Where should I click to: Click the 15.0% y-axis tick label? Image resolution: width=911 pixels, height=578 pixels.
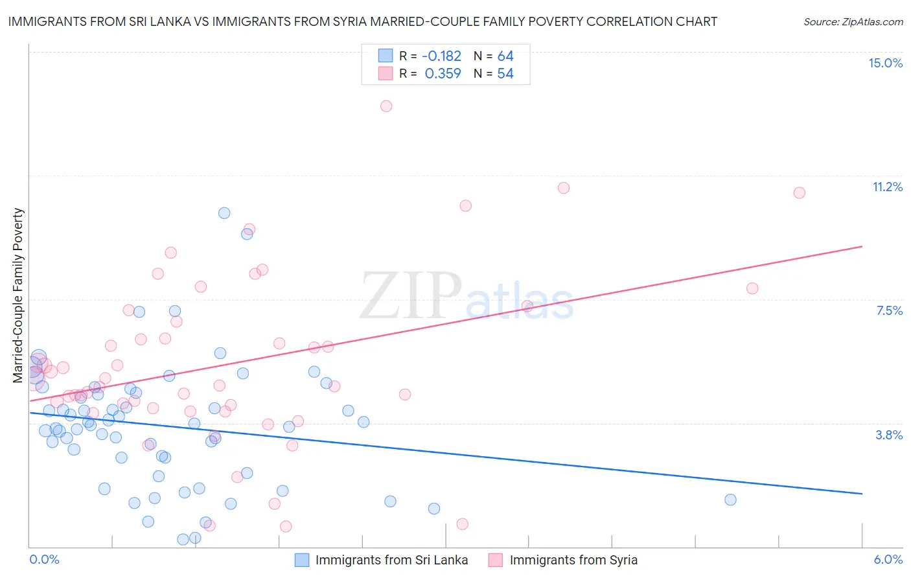click(885, 63)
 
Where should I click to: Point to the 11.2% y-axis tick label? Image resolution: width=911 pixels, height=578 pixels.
click(887, 187)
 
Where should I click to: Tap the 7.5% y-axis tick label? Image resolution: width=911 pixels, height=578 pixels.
click(889, 310)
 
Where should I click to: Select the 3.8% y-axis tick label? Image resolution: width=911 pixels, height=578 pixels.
click(889, 435)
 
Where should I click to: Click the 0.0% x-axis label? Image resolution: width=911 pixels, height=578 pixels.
click(44, 559)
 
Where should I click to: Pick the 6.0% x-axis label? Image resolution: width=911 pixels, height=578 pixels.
click(888, 559)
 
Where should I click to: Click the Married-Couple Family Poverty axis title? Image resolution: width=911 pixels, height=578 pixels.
click(18, 295)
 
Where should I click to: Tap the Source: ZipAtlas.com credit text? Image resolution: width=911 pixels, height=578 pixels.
click(853, 22)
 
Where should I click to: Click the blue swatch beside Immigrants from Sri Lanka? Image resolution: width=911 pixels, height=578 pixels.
click(302, 560)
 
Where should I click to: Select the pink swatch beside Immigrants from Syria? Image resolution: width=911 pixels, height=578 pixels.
click(496, 560)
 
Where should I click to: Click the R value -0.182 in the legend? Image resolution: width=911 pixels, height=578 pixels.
click(441, 56)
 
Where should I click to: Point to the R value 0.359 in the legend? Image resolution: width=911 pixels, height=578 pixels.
click(443, 74)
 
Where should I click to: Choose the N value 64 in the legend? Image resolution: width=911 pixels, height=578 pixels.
click(505, 56)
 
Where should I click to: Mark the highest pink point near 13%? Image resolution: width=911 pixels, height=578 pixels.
click(386, 106)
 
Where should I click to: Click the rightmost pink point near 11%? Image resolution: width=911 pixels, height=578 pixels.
click(799, 192)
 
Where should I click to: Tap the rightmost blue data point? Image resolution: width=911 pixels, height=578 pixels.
click(730, 500)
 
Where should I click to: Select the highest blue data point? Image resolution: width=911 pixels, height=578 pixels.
click(224, 213)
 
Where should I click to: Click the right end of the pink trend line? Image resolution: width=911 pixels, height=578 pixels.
click(862, 246)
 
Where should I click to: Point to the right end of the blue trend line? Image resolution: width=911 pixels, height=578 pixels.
click(862, 494)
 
